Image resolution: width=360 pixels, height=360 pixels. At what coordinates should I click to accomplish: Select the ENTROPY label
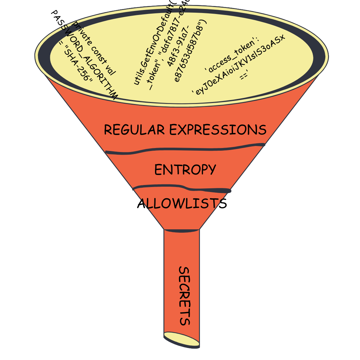(185, 170)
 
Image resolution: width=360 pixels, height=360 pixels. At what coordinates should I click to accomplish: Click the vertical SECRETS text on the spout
(184, 296)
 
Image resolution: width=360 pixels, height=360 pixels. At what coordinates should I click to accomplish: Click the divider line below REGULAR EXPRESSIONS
(185, 149)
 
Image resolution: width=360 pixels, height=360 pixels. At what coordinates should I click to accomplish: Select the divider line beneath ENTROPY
(182, 188)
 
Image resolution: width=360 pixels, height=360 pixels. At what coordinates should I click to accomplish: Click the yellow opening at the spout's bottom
(181, 339)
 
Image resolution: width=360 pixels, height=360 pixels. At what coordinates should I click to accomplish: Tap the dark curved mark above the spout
(182, 231)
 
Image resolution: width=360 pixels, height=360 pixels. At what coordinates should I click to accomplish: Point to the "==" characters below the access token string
(244, 76)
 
